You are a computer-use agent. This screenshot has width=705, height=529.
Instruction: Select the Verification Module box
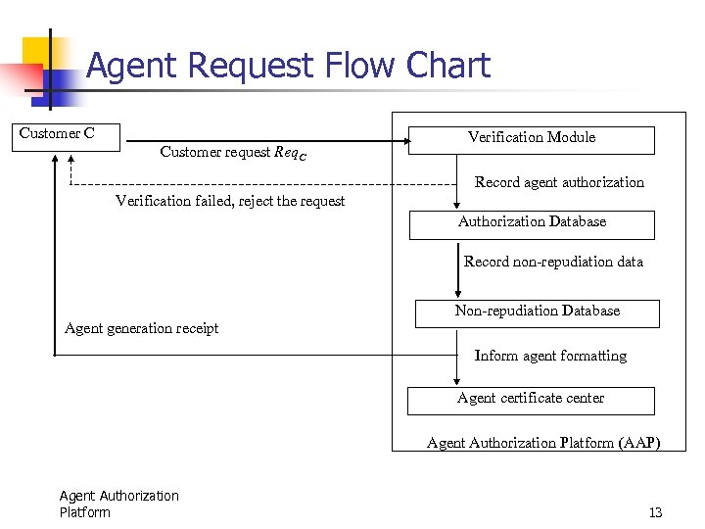[x=531, y=140]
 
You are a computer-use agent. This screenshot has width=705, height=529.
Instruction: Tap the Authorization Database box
[x=532, y=224]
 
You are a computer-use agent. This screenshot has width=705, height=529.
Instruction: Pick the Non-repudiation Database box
[x=537, y=313]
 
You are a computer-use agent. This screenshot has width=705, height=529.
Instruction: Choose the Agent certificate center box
[x=531, y=400]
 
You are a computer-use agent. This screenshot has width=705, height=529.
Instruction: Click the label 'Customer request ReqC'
[x=232, y=153]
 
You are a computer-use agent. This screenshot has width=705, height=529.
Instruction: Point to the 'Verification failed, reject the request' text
[x=230, y=201]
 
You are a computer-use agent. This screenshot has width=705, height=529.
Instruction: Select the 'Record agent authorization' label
[x=559, y=182]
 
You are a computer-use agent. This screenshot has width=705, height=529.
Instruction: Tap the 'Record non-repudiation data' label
[x=553, y=262]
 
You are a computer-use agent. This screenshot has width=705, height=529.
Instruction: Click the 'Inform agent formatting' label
[x=550, y=356]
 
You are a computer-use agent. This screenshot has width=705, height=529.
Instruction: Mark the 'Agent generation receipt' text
[x=141, y=328]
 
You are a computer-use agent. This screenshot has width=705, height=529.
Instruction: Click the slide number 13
[x=655, y=512]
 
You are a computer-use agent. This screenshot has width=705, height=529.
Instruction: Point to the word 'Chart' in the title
[x=447, y=67]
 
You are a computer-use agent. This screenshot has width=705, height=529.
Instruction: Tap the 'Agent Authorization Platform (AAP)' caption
[x=543, y=443]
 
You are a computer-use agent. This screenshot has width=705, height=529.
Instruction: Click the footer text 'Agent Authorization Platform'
[x=118, y=504]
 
